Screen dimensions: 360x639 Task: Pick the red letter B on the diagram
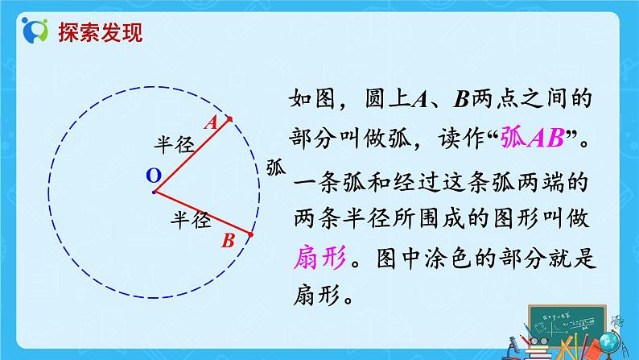(228, 240)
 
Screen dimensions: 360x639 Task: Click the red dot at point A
(229, 119)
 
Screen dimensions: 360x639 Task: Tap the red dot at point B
(250, 235)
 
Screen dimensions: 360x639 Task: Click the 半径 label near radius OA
(175, 146)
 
